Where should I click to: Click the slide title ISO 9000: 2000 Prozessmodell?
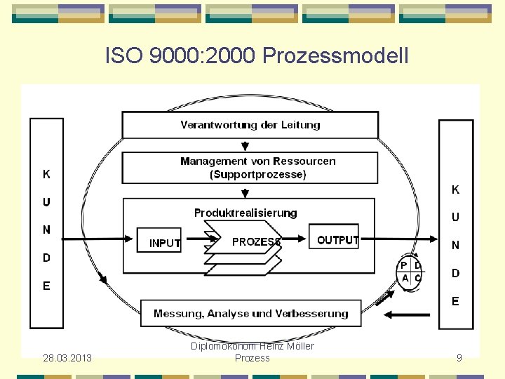[256, 55]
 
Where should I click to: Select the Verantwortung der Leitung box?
[250, 125]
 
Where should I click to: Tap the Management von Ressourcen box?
[250, 168]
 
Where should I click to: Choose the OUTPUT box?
[337, 239]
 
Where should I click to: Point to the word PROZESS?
[256, 241]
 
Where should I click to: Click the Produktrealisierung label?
[245, 213]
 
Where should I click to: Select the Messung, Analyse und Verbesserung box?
[250, 313]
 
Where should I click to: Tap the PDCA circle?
[411, 272]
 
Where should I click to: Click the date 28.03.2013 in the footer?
[66, 358]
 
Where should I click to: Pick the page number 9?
[459, 358]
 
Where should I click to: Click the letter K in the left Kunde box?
[46, 174]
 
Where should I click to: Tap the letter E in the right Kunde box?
[455, 301]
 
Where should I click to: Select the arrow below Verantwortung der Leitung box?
[245, 145]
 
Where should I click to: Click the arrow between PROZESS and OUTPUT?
[298, 239]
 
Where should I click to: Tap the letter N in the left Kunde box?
[46, 230]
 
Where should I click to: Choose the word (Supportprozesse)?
[257, 174]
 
